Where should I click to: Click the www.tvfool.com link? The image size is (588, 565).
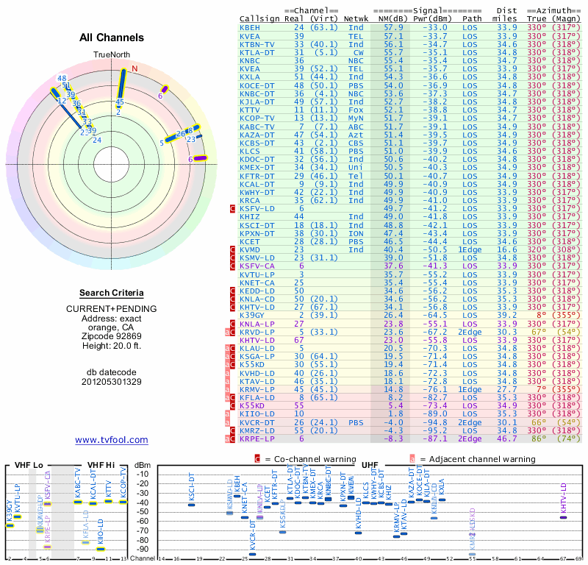(112, 440)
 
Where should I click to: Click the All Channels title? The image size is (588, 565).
(112, 38)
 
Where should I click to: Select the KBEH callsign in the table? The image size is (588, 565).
(250, 27)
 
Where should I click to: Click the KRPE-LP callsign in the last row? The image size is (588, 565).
(257, 438)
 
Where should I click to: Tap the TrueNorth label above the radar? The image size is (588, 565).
(112, 55)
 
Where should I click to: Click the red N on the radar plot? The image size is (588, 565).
(135, 69)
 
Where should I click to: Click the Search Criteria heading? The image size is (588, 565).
(112, 293)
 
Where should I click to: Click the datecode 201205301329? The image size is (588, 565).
(112, 381)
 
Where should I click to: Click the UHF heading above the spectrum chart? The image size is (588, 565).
(370, 465)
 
